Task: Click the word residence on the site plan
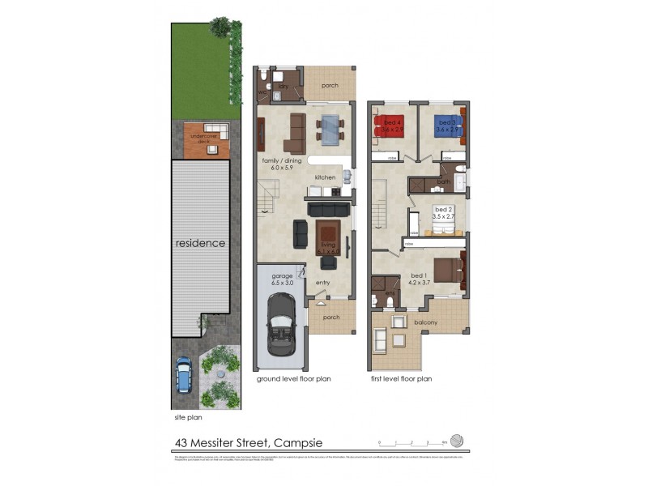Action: coord(201,242)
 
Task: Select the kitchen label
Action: coord(325,177)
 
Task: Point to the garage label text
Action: coord(282,276)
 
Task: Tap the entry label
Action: coord(323,283)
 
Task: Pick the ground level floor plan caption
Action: coord(294,378)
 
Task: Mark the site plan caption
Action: coord(188,418)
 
